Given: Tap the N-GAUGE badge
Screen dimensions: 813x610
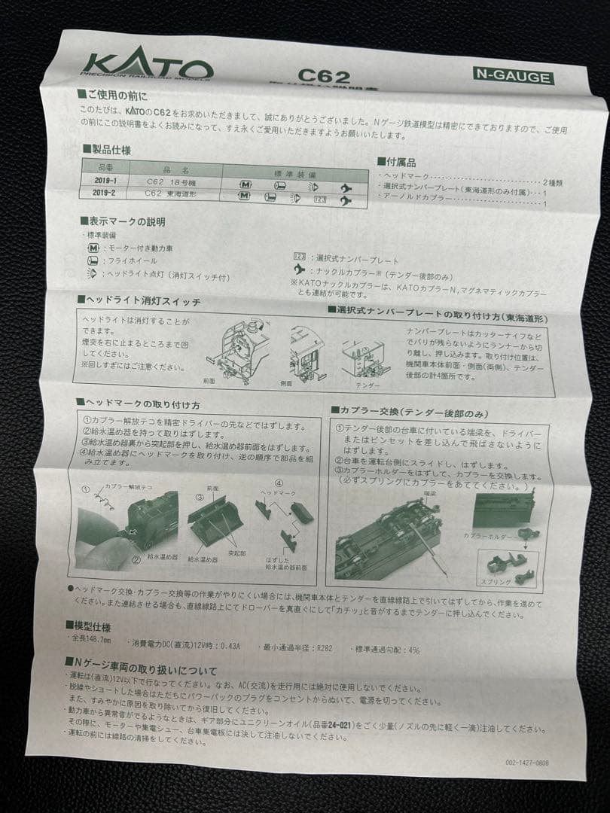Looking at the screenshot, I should point(512,76).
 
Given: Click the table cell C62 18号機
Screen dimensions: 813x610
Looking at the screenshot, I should point(170,181).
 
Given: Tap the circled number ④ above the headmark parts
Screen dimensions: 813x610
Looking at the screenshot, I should point(279,483).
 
